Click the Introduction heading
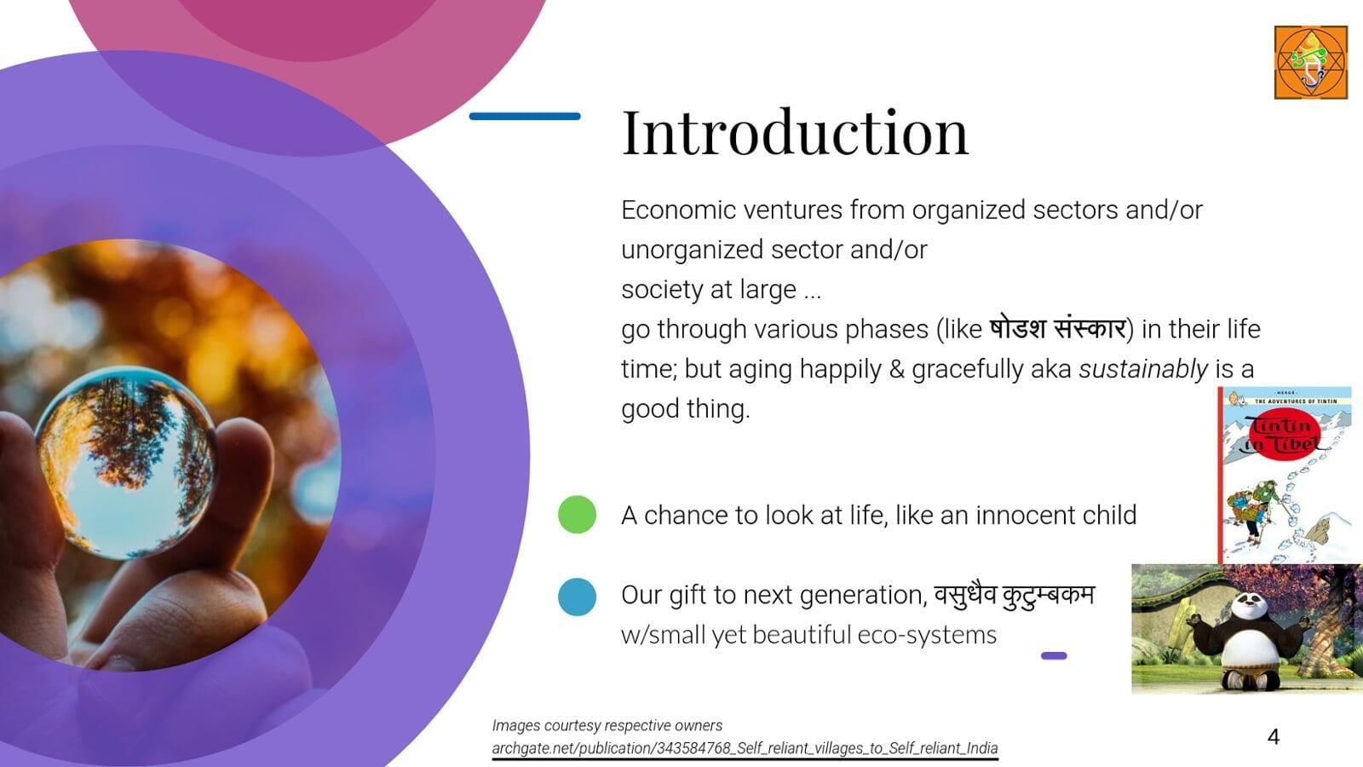coord(795,133)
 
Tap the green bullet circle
coord(577,515)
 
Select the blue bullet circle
coord(577,597)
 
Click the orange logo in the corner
coord(1311,62)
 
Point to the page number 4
coord(1274,736)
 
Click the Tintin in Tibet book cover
coord(1285,475)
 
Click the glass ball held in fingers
coord(126,463)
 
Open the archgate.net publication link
coord(745,748)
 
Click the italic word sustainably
coord(1142,369)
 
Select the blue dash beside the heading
coord(525,116)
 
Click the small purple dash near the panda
coord(1054,655)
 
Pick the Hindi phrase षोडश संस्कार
coord(1057,329)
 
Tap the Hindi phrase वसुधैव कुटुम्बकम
coord(1015,595)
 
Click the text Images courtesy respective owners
coord(607,725)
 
